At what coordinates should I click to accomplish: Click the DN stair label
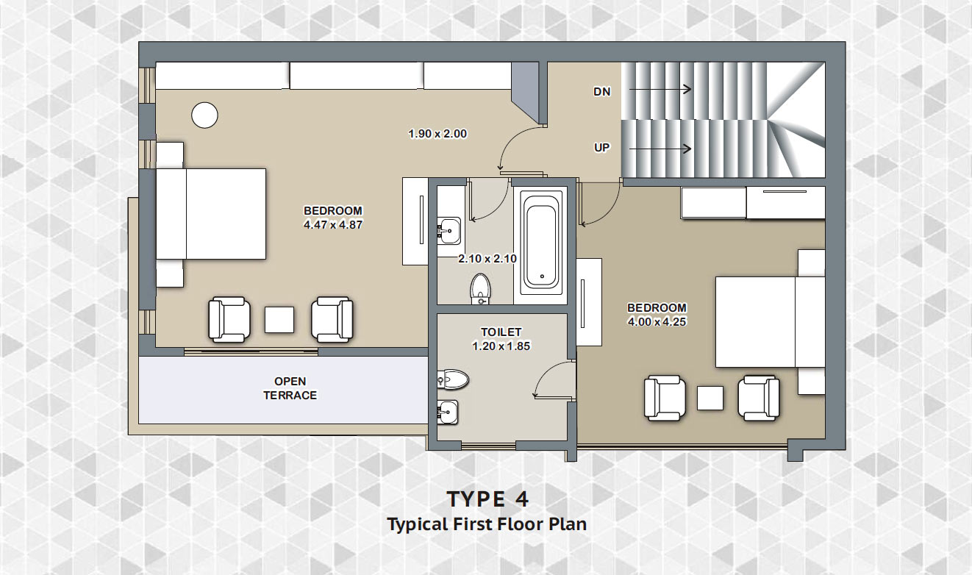602,92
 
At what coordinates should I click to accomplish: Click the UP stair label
602,148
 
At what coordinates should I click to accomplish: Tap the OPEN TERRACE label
290,388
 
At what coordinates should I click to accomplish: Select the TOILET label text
501,332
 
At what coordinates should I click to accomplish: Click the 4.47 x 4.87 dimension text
333,225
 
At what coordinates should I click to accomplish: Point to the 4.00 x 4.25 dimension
657,322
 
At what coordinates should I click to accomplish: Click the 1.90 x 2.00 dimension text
437,134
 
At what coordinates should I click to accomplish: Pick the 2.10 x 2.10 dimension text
487,259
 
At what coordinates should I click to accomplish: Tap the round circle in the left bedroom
205,115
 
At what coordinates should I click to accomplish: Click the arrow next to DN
660,90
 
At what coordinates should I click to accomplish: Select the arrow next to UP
660,149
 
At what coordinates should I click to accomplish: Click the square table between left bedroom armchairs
279,320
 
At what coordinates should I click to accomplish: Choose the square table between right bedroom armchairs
710,398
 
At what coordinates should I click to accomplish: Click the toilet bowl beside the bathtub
480,288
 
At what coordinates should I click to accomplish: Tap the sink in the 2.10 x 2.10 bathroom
449,230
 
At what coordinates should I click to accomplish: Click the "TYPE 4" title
487,499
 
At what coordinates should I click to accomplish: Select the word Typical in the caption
418,525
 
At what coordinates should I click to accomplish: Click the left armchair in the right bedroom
665,399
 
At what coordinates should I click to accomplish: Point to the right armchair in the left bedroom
332,320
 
